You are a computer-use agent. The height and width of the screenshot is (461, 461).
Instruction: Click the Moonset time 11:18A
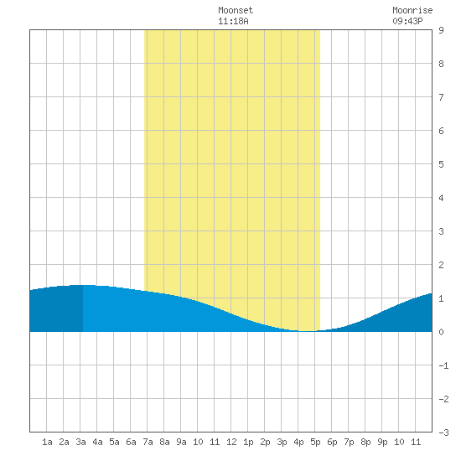[233, 21]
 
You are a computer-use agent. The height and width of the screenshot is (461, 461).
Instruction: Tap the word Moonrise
[412, 10]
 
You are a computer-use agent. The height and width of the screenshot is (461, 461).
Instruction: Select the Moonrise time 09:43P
[407, 21]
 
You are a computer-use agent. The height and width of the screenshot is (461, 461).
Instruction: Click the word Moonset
[236, 10]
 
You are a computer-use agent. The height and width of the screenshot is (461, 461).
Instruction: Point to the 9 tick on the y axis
[441, 30]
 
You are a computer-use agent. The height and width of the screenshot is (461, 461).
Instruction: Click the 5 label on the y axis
[441, 164]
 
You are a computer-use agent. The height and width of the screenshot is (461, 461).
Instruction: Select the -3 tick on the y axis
[443, 433]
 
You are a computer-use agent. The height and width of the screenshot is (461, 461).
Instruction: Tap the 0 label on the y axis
[441, 332]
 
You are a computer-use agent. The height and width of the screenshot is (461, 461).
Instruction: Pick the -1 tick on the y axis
[443, 365]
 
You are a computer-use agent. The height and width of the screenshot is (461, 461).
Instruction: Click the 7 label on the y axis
[441, 97]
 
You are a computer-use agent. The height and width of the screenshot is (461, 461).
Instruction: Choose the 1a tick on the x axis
[47, 442]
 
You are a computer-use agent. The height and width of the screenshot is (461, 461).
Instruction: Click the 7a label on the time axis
[148, 442]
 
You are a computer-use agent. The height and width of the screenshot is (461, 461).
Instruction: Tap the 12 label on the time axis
[231, 442]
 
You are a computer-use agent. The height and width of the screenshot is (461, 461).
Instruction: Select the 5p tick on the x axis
[315, 442]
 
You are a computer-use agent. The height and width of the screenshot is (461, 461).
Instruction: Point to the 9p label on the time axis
[382, 442]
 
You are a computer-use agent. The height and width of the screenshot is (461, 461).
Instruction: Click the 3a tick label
[80, 442]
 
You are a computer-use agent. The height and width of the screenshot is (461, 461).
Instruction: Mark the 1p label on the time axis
[248, 442]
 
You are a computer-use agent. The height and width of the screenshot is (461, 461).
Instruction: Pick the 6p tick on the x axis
[332, 442]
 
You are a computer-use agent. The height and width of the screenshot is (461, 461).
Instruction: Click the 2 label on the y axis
[441, 265]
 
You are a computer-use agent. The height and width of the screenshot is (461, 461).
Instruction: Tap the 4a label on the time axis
[97, 442]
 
